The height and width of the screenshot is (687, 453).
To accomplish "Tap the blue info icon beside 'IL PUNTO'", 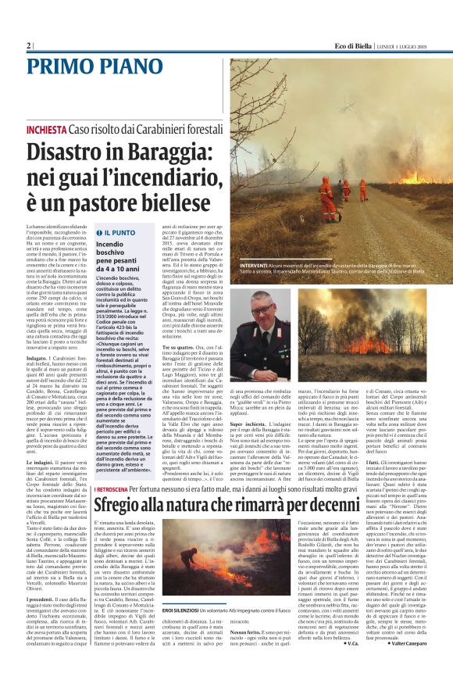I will coord(98,233).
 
